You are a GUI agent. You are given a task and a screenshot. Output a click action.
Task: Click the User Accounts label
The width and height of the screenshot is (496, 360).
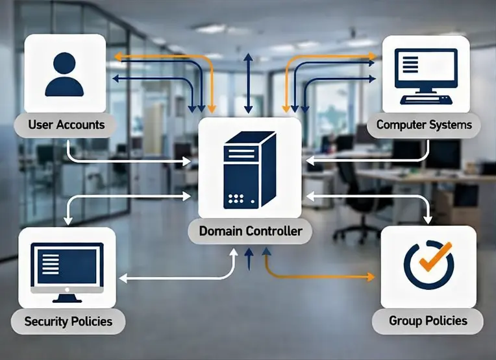click(66, 124)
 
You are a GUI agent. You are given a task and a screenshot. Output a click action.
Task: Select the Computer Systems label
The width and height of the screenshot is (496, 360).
click(424, 124)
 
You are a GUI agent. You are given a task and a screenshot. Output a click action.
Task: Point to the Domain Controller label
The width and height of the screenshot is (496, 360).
click(250, 231)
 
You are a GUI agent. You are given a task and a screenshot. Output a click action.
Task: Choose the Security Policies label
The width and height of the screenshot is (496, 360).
click(68, 321)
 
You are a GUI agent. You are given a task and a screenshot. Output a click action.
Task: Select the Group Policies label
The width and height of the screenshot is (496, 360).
click(428, 320)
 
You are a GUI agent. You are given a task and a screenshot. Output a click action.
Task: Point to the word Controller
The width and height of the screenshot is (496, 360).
click(274, 231)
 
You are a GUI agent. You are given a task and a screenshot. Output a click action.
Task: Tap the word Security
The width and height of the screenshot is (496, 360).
click(46, 321)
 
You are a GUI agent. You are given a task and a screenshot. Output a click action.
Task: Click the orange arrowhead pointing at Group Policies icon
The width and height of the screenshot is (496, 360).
click(371, 277)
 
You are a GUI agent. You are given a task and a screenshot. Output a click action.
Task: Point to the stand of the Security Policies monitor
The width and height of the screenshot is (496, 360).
click(68, 296)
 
